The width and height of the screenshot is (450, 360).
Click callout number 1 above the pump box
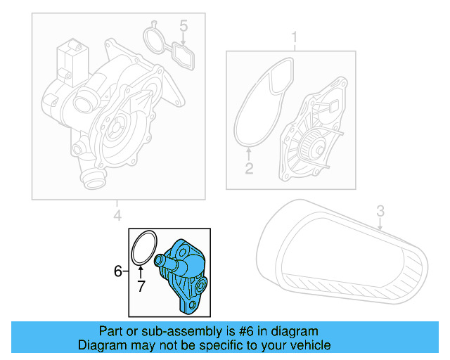point(295,36)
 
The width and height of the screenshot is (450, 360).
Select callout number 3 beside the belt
point(380,210)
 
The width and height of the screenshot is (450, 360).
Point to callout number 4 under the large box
point(117,214)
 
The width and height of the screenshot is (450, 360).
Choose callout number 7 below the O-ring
point(141,285)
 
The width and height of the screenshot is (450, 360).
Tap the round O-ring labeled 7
point(144,249)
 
